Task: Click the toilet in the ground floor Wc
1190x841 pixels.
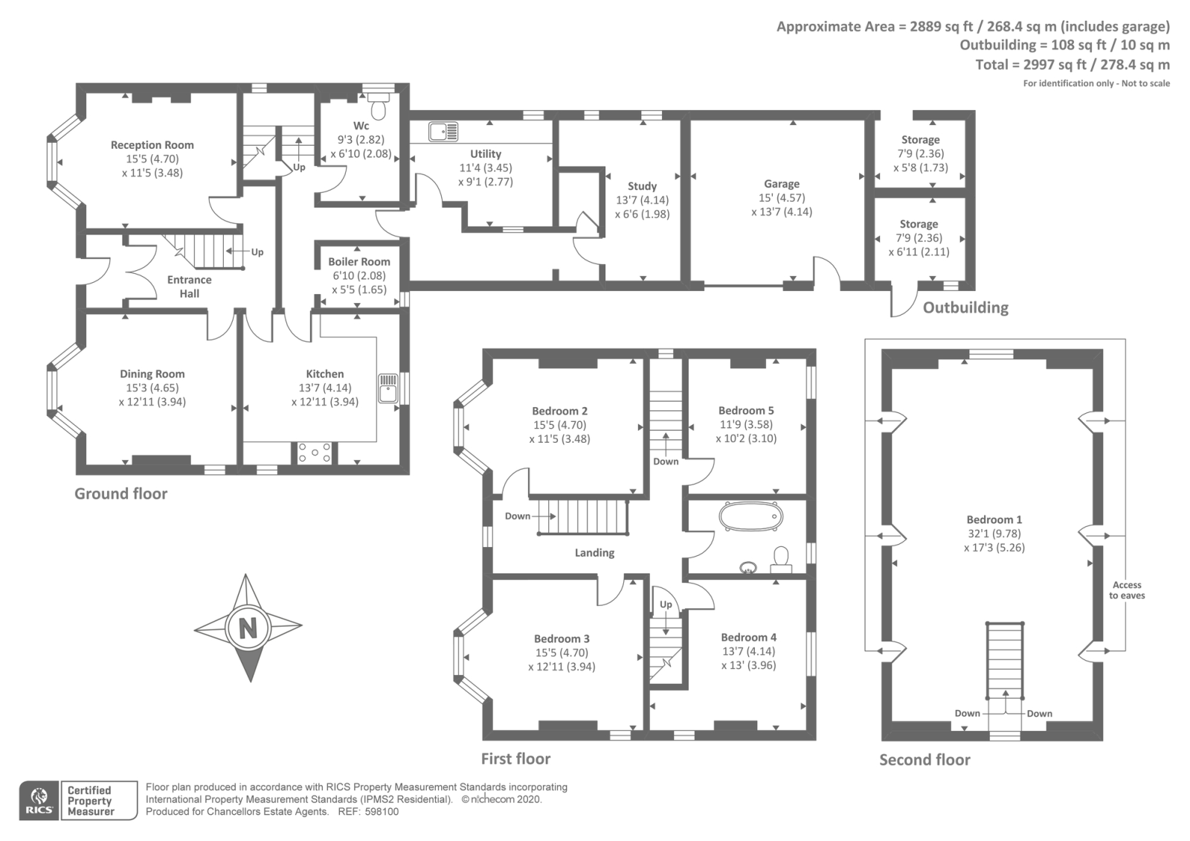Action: point(379,106)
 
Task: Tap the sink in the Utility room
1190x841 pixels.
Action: point(443,131)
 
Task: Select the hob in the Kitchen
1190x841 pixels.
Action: point(315,453)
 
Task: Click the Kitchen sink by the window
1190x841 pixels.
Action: point(387,388)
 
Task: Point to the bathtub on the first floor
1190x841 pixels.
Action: point(750,517)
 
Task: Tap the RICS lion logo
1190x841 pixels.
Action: point(39,801)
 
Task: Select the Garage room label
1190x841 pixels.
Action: point(782,184)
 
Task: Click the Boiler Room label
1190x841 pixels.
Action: point(359,261)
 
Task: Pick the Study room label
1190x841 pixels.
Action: point(643,186)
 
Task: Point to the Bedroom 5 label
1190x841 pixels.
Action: point(746,410)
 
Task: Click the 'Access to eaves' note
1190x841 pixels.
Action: point(1127,590)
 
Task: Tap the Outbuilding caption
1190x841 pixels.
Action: point(965,307)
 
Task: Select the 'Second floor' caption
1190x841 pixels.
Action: point(924,760)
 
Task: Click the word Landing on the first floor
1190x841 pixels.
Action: point(594,553)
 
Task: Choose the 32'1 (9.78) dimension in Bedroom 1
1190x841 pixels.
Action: point(994,533)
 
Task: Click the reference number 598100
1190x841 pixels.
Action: point(382,812)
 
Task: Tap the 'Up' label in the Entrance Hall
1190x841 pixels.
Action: point(257,252)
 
